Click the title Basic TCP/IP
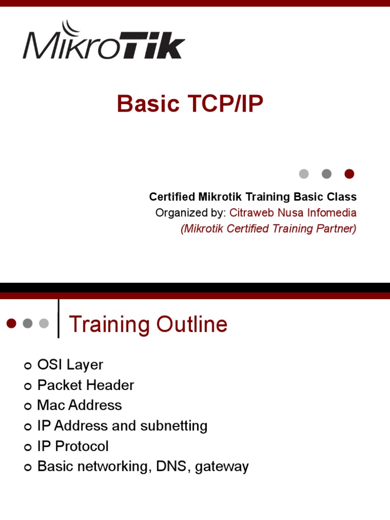pos(190,104)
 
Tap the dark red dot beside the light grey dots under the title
pos(349,174)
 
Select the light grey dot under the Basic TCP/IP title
pos(304,174)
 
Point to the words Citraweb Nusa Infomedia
pos(292,212)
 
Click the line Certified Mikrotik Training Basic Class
pos(252,197)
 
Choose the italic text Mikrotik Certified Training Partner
pos(269,229)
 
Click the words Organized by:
pos(190,212)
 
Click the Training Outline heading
pos(148,324)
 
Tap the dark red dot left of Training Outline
pos(11,323)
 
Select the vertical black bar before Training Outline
pos(58,319)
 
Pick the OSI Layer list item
pos(70,365)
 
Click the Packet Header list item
pos(85,385)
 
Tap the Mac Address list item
pos(79,405)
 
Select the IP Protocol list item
pos(73,446)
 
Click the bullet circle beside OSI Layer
pos(27,366)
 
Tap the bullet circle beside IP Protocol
pos(27,447)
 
